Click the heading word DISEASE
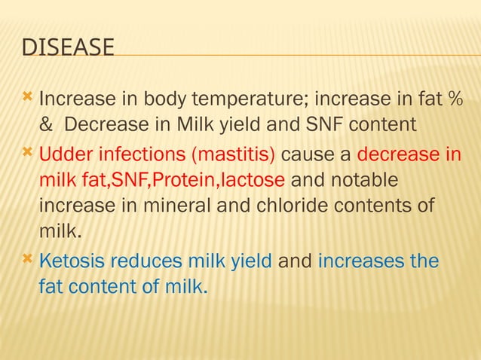point(68,47)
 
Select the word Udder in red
point(61,155)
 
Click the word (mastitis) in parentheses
point(234,155)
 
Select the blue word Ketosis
point(71,262)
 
